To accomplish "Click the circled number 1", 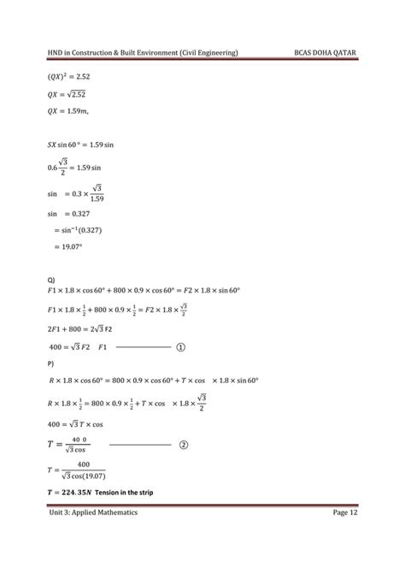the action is coord(181,347).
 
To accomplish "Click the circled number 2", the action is coord(181,445).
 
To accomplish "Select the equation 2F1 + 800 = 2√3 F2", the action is coord(95,328).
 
